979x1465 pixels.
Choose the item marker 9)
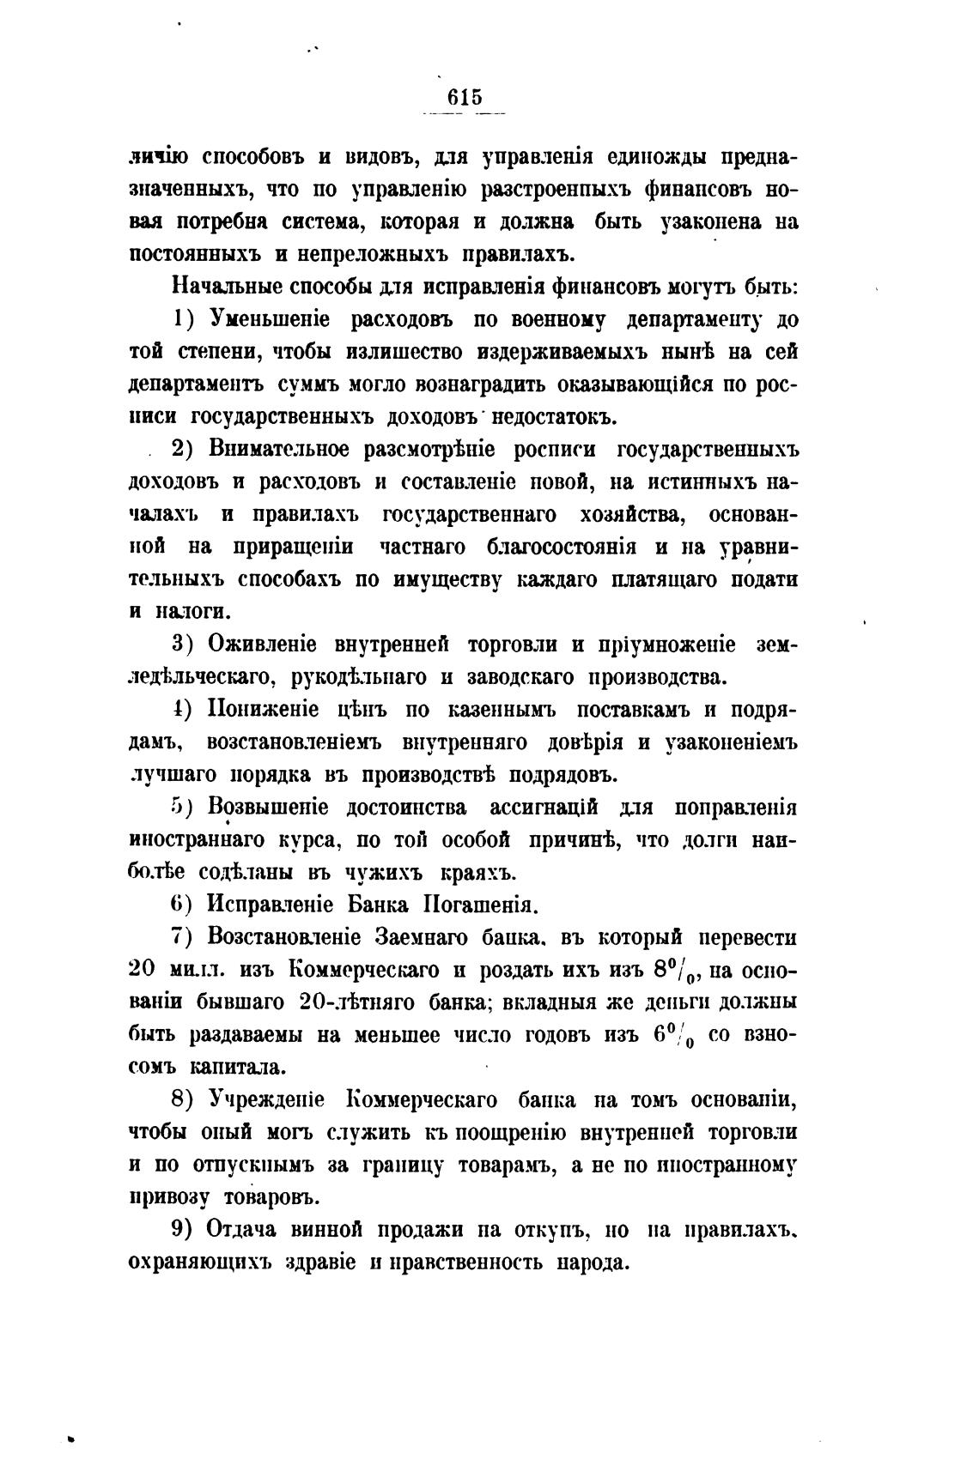[x=185, y=1229]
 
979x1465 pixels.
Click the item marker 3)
[x=185, y=644]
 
